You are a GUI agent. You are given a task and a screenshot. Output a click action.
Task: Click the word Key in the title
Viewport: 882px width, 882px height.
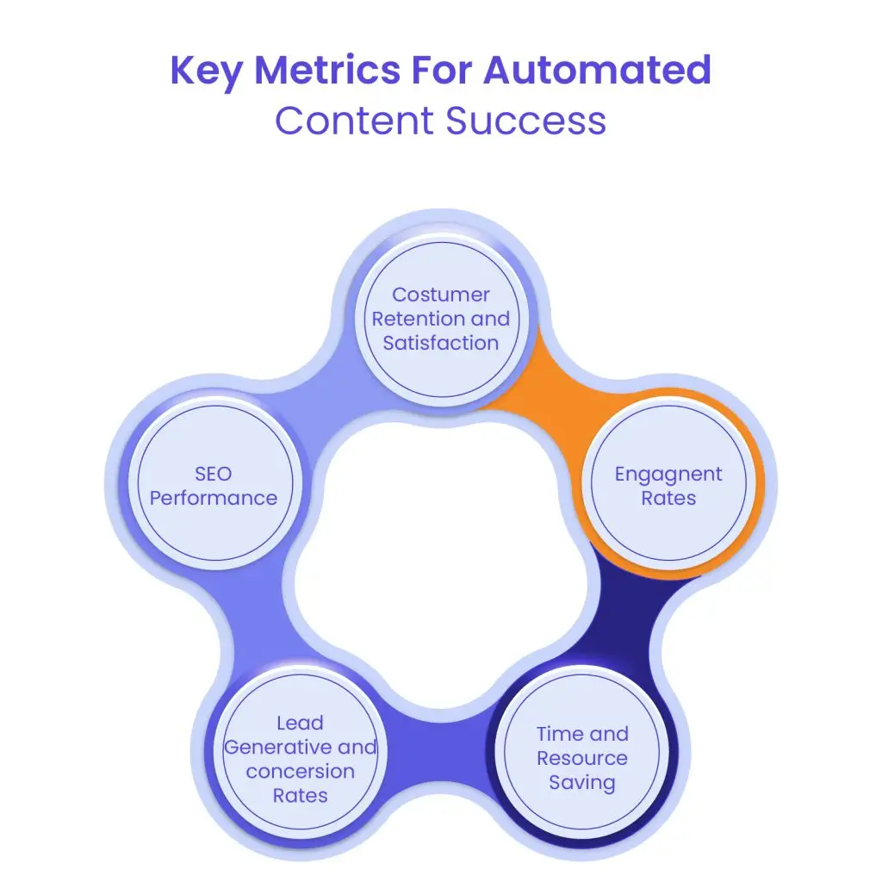click(x=206, y=70)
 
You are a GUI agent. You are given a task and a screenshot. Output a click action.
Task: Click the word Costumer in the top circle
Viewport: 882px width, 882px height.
click(x=441, y=295)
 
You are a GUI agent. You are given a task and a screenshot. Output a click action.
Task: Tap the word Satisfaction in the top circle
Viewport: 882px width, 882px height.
click(x=441, y=343)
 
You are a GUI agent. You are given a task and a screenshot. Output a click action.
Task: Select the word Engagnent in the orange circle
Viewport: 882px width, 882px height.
click(x=668, y=474)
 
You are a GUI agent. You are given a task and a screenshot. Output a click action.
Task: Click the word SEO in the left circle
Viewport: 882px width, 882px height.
click(x=213, y=474)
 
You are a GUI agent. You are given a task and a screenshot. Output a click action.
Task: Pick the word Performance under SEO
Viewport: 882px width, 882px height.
click(x=213, y=498)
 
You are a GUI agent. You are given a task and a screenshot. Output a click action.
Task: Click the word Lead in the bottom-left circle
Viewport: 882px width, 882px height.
click(x=300, y=723)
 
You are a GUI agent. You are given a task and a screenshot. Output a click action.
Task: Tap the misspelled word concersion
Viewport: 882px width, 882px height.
click(x=300, y=771)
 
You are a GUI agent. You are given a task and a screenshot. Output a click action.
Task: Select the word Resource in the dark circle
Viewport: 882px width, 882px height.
click(x=582, y=758)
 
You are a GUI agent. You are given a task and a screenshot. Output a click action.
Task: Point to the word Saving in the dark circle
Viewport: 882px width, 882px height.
click(x=582, y=783)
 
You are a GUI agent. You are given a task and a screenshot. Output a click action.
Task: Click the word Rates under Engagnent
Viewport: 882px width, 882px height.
click(x=668, y=498)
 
